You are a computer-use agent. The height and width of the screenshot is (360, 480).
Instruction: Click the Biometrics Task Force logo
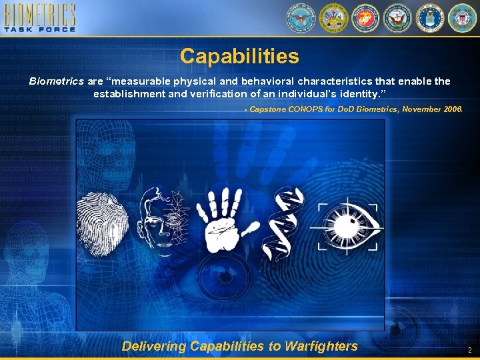coord(39,18)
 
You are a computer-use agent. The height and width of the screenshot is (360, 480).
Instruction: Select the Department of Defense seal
coord(300,18)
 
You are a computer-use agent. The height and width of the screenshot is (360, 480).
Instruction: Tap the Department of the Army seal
coord(333,18)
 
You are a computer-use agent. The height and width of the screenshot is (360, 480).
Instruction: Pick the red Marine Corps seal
coord(365,18)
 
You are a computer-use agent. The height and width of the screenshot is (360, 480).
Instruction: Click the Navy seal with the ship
coord(398,18)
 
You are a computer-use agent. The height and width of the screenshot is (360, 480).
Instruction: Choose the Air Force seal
coord(430,18)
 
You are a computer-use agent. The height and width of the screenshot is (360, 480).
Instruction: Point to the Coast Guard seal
coord(462,18)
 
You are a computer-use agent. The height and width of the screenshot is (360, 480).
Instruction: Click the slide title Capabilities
coord(239,56)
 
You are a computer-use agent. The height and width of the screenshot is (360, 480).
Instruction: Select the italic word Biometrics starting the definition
coord(56,81)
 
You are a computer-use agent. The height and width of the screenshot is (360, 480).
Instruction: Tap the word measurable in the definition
coord(138,81)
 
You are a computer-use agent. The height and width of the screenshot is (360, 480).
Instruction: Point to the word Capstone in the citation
coord(268,109)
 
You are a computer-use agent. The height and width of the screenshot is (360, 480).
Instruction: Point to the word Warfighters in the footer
coord(321,346)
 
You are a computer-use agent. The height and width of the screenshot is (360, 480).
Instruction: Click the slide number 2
coord(469,350)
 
